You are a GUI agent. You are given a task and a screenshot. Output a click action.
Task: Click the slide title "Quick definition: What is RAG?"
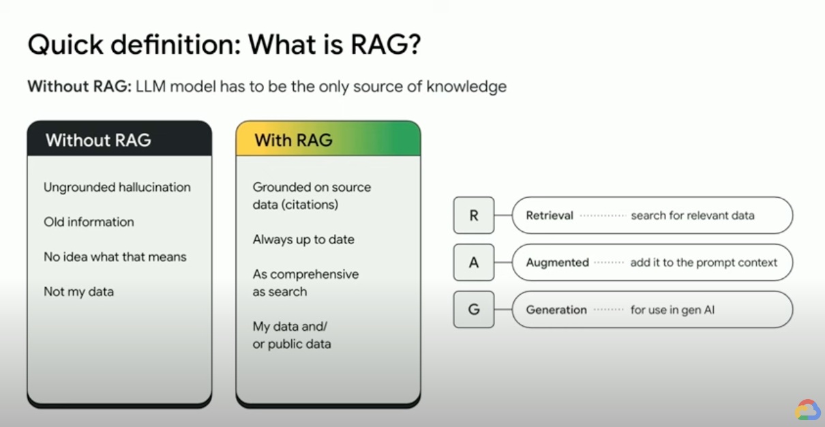[x=224, y=46]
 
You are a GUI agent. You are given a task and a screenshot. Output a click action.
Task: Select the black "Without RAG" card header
[x=119, y=139]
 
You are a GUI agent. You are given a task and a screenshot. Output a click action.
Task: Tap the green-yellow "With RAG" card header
[x=328, y=139]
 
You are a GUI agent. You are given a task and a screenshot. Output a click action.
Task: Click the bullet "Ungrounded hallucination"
[x=117, y=187]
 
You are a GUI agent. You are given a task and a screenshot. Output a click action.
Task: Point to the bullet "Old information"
[x=89, y=222]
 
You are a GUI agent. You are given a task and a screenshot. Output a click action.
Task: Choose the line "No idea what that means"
[x=115, y=256]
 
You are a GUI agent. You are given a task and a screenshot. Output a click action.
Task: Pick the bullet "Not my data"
[x=78, y=291]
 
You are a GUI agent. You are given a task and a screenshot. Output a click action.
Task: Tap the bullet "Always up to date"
[x=303, y=239]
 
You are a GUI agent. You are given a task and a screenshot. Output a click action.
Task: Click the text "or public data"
[x=292, y=344]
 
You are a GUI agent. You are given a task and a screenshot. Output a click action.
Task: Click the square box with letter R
[x=474, y=216]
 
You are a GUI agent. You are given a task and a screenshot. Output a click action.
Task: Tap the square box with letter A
[x=474, y=263]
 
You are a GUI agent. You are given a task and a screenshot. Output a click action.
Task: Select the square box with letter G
[x=474, y=309]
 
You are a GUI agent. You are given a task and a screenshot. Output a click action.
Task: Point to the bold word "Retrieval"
[x=549, y=216]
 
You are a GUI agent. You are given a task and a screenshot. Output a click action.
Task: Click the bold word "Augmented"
[x=557, y=263]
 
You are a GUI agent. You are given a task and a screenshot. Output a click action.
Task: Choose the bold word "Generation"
[x=556, y=310]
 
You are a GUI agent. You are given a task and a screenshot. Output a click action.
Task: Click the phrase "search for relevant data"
[x=692, y=216]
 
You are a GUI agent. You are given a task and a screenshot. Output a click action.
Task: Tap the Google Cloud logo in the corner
[x=807, y=410]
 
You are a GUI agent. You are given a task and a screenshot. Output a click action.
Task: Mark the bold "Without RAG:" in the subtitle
[x=78, y=87]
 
